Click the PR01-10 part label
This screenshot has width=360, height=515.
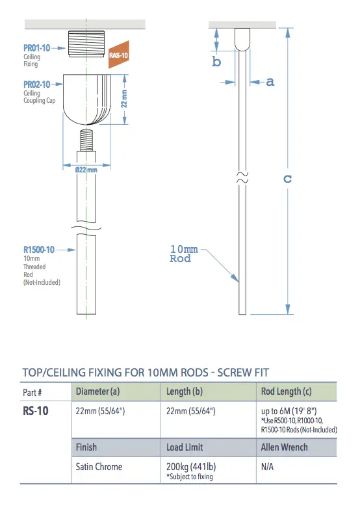point(38,48)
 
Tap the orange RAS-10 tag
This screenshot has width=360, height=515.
point(118,56)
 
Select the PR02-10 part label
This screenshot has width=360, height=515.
point(38,85)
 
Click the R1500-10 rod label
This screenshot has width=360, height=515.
point(38,249)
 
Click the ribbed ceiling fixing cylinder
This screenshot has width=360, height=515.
point(84,47)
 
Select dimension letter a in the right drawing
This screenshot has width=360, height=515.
point(270,82)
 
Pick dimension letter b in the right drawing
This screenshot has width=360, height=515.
point(217,62)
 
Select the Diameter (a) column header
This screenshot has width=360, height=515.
point(97,391)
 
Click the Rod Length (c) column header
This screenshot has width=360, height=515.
point(285,391)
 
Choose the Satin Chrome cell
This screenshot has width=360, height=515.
point(99,467)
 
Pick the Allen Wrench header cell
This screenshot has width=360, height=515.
point(284,447)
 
